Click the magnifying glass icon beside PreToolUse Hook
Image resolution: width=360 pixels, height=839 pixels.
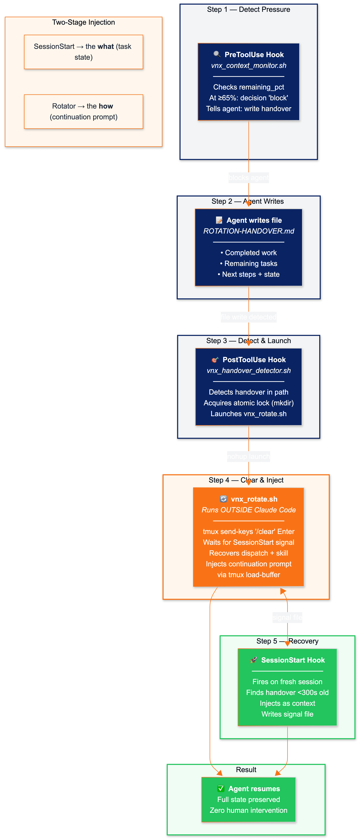point(217,54)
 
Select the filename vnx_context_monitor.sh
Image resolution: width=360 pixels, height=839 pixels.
point(249,65)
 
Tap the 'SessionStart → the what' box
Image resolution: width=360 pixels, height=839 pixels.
point(83,52)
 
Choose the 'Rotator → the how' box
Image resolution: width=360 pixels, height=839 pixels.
point(83,111)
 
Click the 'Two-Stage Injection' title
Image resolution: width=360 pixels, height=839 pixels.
point(83,22)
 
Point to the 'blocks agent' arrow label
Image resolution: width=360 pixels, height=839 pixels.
point(249,177)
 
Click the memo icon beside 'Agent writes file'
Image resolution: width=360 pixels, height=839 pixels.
point(219,220)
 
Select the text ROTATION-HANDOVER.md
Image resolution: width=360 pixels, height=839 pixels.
point(249,231)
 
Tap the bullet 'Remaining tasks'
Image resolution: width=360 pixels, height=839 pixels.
point(249,263)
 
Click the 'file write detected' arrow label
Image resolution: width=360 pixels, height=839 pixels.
point(249,317)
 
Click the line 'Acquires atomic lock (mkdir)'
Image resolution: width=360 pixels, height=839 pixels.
point(249,403)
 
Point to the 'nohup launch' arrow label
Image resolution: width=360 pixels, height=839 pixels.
point(249,456)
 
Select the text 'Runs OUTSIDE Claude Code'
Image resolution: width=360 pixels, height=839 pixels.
point(249,510)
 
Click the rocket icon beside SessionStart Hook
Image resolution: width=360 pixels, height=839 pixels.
point(254,660)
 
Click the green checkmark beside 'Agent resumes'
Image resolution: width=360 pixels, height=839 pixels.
point(221,788)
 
